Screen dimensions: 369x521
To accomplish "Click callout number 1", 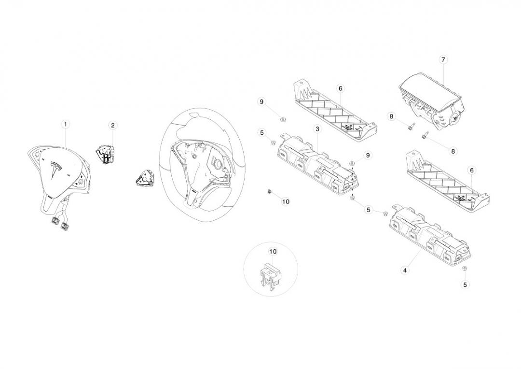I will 65,124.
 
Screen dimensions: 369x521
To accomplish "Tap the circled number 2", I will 112,126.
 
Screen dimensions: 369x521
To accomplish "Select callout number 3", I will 317,129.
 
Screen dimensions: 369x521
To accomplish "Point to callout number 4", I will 405,270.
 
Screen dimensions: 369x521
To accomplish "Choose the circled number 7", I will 443,60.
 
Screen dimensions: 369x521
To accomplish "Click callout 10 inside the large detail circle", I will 273,252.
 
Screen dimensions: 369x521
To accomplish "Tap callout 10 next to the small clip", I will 285,201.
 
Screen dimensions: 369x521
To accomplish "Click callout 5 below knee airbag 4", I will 465,284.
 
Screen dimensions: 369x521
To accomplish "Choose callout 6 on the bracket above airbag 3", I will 340,88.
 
